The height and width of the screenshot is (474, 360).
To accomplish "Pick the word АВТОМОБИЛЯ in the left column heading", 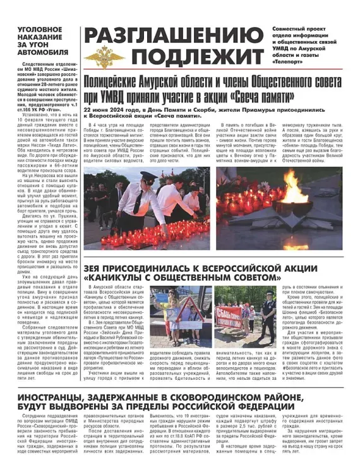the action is (42, 53).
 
